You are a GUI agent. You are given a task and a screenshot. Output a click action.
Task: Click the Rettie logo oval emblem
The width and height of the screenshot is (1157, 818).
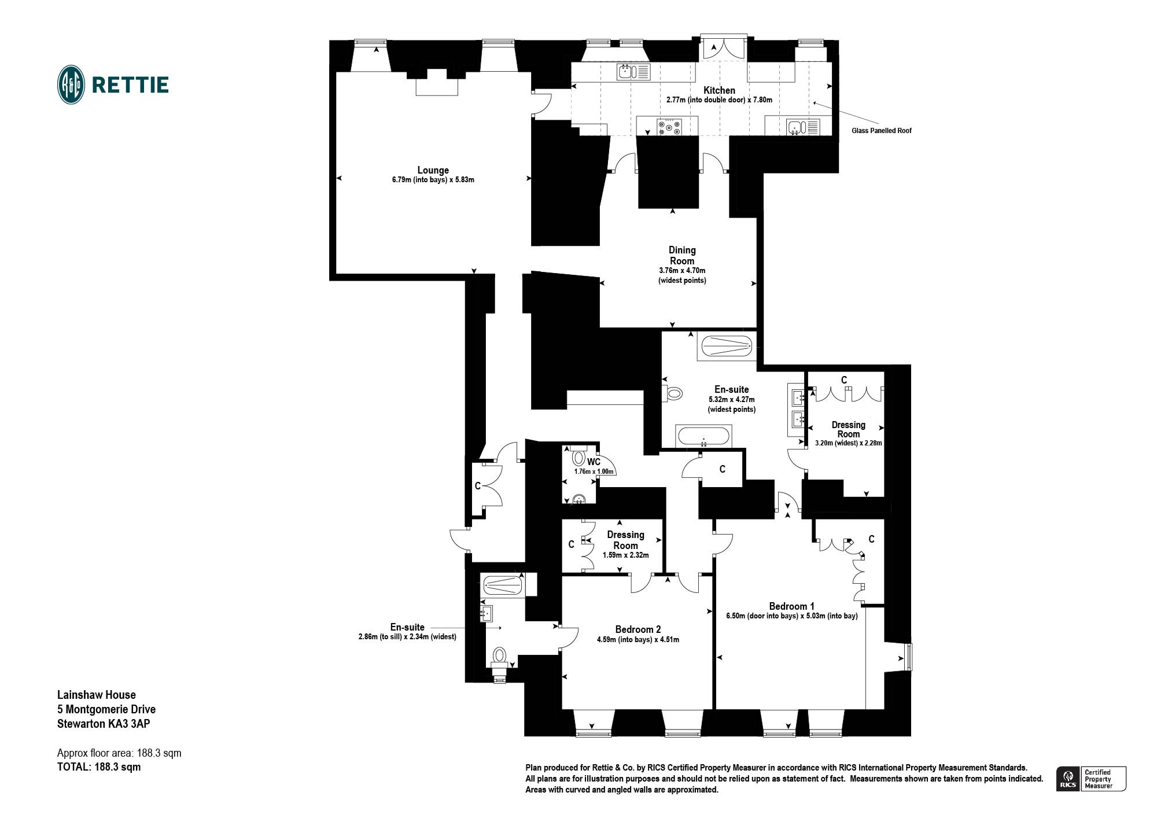pos(71,84)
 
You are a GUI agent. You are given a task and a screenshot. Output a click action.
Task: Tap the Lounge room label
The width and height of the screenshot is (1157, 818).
pos(433,170)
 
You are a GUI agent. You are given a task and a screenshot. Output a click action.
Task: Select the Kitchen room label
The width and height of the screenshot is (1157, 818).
pos(719,90)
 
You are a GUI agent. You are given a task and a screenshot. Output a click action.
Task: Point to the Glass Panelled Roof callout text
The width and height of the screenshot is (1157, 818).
pos(881,131)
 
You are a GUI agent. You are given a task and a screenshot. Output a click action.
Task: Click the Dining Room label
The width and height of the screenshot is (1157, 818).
pos(682,255)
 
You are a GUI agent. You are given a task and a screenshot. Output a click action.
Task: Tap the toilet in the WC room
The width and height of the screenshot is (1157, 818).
pos(578,456)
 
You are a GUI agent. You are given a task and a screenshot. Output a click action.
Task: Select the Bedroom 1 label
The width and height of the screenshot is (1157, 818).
pos(791,606)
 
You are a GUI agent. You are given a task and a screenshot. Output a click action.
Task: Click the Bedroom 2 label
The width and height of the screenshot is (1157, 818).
pos(638,629)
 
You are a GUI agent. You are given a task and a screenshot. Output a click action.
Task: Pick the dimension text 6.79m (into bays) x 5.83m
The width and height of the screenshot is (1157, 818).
pos(433,180)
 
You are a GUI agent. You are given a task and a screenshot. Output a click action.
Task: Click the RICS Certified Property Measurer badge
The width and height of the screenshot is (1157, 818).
pos(1092,779)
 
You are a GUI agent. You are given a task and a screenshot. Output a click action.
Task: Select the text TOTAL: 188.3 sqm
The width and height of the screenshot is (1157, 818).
pos(99,767)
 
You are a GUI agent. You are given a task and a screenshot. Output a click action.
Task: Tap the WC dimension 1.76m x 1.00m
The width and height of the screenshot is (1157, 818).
pos(594,471)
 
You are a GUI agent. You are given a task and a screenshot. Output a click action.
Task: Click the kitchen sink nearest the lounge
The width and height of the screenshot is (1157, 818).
pos(634,72)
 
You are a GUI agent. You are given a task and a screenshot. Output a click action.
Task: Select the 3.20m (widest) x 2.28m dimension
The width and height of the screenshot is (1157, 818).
pos(848,444)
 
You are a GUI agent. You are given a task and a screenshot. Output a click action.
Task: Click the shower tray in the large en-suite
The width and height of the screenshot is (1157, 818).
pos(727,347)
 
